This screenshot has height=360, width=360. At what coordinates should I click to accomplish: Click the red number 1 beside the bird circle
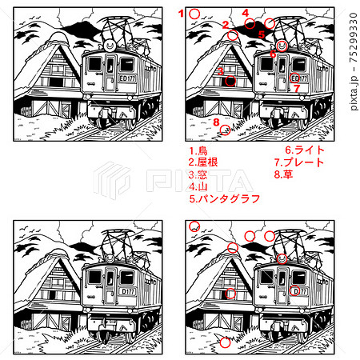coord(182,13)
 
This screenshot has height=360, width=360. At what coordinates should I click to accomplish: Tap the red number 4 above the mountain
coord(246,12)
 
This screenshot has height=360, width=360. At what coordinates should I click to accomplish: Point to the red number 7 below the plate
coord(296,89)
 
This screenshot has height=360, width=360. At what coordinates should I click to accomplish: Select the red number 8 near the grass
coord(215,121)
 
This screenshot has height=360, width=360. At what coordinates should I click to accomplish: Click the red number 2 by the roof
coord(226,25)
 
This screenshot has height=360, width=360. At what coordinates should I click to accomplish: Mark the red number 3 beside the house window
coord(219,71)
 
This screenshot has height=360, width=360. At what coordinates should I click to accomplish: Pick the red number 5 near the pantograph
coord(261,34)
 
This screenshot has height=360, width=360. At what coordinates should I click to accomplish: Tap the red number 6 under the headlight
coord(273,54)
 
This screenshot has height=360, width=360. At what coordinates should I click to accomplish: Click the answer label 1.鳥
coord(198,150)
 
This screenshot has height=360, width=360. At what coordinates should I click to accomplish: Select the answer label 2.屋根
coord(203,162)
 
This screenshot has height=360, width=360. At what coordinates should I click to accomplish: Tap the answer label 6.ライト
coord(304,150)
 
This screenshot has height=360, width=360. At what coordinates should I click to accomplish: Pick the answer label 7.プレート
coord(298,162)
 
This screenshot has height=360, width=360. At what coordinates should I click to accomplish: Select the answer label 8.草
coord(283,174)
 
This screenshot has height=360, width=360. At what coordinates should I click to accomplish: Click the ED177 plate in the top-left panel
coord(115,78)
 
